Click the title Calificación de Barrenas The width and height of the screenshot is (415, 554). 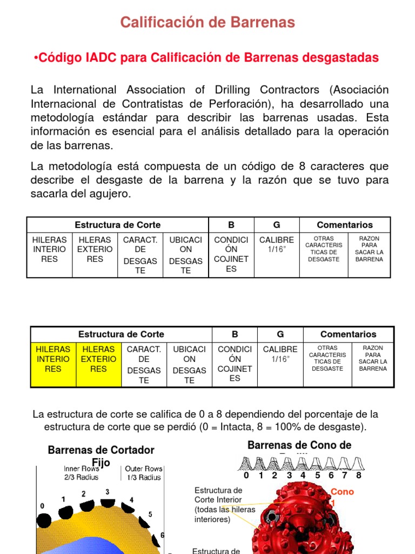[207, 22]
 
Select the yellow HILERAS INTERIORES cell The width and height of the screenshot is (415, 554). [53, 359]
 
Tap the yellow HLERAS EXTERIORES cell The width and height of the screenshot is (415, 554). [98, 359]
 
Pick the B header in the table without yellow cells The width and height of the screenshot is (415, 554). [231, 225]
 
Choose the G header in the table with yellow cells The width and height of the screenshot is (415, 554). [280, 334]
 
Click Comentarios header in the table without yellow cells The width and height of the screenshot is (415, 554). [345, 225]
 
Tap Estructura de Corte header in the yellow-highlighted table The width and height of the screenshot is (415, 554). [121, 334]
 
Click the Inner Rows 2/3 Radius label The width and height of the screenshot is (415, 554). [82, 473]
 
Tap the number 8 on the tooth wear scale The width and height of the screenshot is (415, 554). [358, 476]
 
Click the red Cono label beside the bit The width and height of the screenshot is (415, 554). [342, 492]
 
